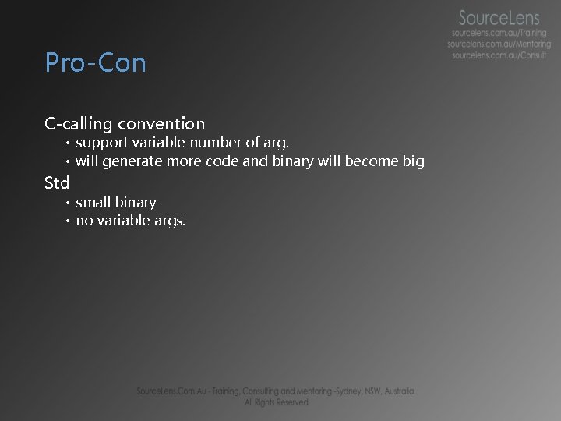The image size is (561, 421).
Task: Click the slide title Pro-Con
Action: pyautogui.click(x=95, y=62)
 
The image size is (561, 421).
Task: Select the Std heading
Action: pyautogui.click(x=57, y=183)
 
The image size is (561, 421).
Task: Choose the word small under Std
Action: pyautogui.click(x=93, y=203)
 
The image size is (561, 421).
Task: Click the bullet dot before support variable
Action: pyautogui.click(x=68, y=143)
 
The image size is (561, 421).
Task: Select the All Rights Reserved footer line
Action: pyautogui.click(x=276, y=402)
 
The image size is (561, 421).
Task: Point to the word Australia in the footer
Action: pyautogui.click(x=395, y=391)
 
